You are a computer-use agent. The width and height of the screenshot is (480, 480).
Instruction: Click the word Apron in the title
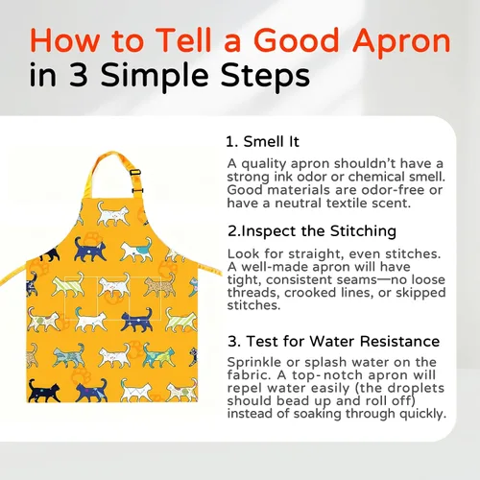401,42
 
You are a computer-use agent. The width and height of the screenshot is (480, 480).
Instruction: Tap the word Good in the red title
297,40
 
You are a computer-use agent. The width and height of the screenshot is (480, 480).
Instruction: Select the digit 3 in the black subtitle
79,75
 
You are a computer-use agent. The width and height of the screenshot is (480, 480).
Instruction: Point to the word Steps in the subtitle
265,77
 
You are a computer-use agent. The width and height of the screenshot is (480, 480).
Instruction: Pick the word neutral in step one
299,204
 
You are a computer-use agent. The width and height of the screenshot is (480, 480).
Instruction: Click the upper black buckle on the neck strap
135,172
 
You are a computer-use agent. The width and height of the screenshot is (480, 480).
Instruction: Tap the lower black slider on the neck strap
137,191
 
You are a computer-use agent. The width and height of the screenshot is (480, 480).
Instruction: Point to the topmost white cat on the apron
112,214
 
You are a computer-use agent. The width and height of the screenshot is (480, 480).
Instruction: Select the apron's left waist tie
13,276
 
